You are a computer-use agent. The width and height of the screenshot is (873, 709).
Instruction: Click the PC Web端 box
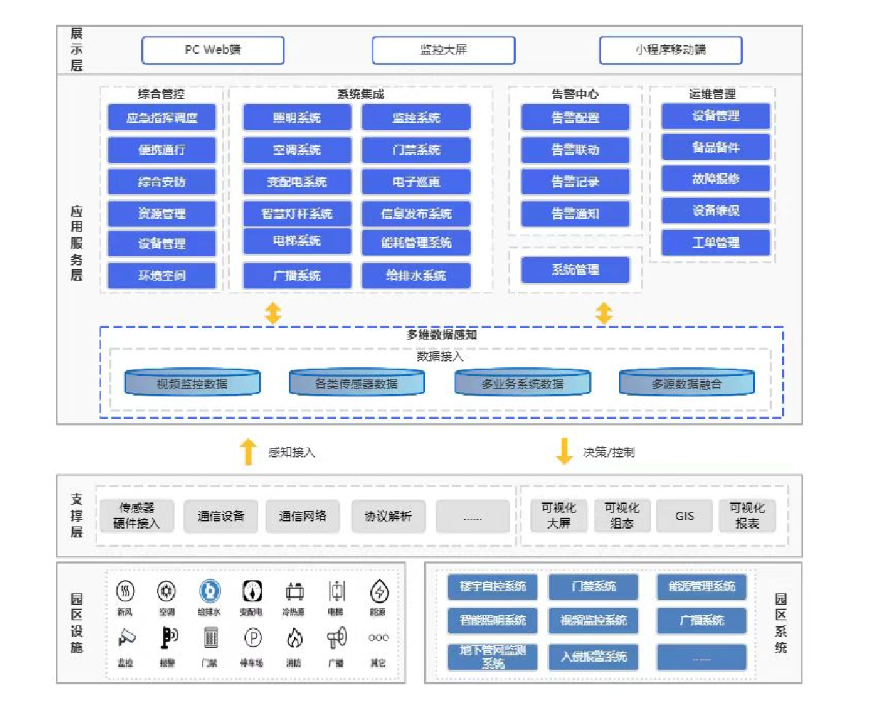click(212, 50)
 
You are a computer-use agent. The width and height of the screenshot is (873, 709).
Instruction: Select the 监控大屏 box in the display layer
click(443, 50)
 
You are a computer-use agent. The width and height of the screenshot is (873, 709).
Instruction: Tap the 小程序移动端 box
click(670, 50)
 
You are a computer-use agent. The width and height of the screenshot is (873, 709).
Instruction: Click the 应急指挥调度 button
click(162, 118)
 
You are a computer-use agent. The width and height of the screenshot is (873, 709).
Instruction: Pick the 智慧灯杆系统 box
click(297, 214)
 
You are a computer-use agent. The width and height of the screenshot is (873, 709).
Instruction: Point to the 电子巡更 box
click(415, 182)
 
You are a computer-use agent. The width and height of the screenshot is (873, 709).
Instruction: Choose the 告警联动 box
click(575, 150)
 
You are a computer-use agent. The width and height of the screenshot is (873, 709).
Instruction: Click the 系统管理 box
click(575, 271)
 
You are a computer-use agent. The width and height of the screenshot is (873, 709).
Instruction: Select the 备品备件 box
click(715, 147)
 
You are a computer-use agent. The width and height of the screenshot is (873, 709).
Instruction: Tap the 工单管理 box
click(715, 243)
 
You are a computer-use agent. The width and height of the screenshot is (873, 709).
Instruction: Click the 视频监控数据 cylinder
click(192, 382)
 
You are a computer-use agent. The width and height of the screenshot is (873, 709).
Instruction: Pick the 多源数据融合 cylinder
click(687, 382)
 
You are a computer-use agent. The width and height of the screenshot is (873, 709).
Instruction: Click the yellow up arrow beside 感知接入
click(248, 452)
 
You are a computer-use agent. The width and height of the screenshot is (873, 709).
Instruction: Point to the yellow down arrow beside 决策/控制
click(564, 452)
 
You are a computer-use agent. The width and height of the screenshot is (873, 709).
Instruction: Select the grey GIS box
click(685, 516)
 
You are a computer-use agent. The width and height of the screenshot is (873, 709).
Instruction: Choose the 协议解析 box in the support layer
click(388, 516)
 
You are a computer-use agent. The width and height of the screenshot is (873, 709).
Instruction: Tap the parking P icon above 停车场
click(252, 638)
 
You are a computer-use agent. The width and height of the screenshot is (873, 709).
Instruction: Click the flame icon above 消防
click(294, 638)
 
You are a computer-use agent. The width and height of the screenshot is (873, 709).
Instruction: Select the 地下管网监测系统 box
click(493, 657)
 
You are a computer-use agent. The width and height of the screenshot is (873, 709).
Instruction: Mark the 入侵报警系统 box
click(593, 657)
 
